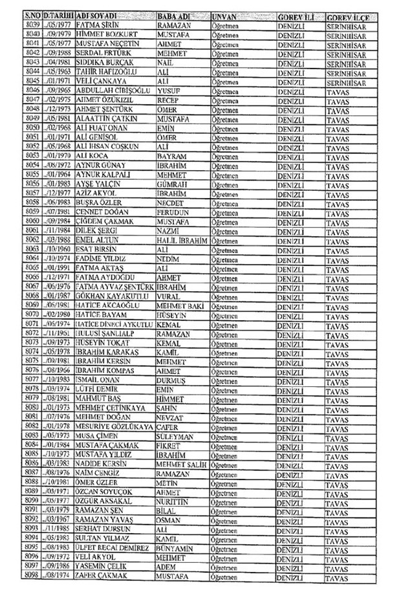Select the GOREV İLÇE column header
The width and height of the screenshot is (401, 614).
click(x=347, y=14)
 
